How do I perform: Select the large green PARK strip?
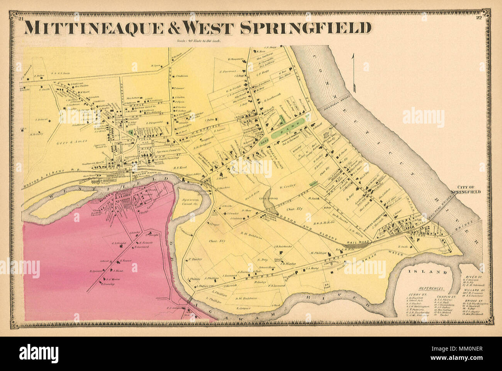click(x=289, y=133)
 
